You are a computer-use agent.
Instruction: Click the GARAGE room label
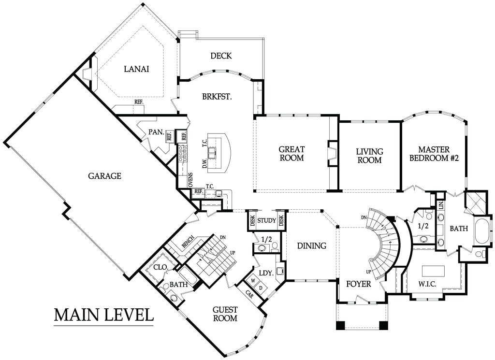[x=104, y=176]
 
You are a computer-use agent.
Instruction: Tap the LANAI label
[x=136, y=69]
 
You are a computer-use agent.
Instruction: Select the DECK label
[x=221, y=56]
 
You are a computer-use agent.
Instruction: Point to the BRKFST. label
[x=217, y=97]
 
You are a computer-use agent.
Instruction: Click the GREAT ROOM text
[x=291, y=153]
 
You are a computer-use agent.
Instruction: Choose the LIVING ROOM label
[x=369, y=156]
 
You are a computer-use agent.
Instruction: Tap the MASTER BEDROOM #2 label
[x=434, y=154]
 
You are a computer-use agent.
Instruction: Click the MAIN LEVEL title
[x=104, y=315]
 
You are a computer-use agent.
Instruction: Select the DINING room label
[x=312, y=245]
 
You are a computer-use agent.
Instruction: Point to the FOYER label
[x=359, y=284]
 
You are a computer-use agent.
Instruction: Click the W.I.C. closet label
[x=427, y=284]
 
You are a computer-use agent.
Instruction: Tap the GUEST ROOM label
[x=225, y=314]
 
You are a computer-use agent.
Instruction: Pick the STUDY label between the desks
[x=267, y=220]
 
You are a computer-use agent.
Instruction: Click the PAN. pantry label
[x=156, y=131]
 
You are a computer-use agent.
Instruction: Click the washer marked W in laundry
[x=253, y=280]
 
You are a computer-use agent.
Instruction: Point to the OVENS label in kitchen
[x=190, y=180]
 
